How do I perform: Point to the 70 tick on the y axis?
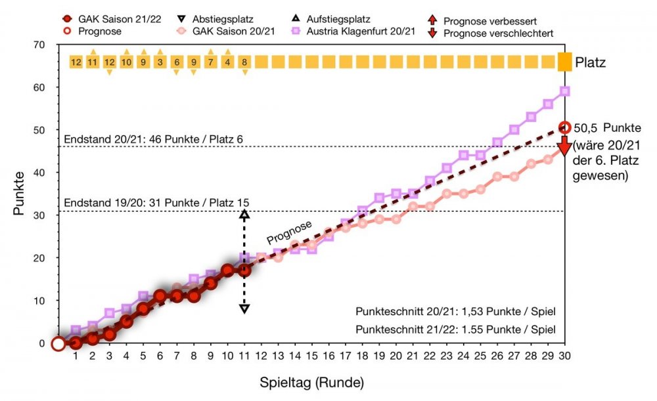43,45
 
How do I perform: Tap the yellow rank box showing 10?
127,62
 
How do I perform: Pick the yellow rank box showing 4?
228,62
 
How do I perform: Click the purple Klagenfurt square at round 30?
564,91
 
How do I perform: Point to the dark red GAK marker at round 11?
244,270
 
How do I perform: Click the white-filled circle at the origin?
58,343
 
